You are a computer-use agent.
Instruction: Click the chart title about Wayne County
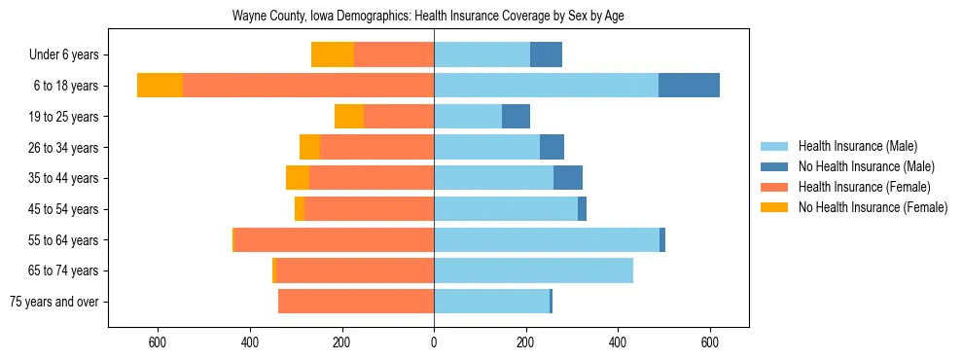[x=434, y=17]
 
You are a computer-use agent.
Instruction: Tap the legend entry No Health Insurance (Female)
[x=873, y=207]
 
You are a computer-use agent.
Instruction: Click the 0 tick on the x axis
[x=434, y=342]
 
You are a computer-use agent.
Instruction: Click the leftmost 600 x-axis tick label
[x=158, y=342]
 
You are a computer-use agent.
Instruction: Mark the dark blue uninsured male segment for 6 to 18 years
[x=689, y=86]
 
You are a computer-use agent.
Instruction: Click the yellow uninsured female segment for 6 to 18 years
[x=160, y=86]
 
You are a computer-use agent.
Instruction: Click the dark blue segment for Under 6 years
[x=546, y=55]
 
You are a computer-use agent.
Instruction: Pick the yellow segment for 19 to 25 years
[x=349, y=117]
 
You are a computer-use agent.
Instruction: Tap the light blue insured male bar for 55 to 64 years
[x=547, y=240]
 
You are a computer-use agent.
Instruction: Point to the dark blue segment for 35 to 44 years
[x=568, y=178]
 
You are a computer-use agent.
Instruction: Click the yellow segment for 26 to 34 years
[x=309, y=147]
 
